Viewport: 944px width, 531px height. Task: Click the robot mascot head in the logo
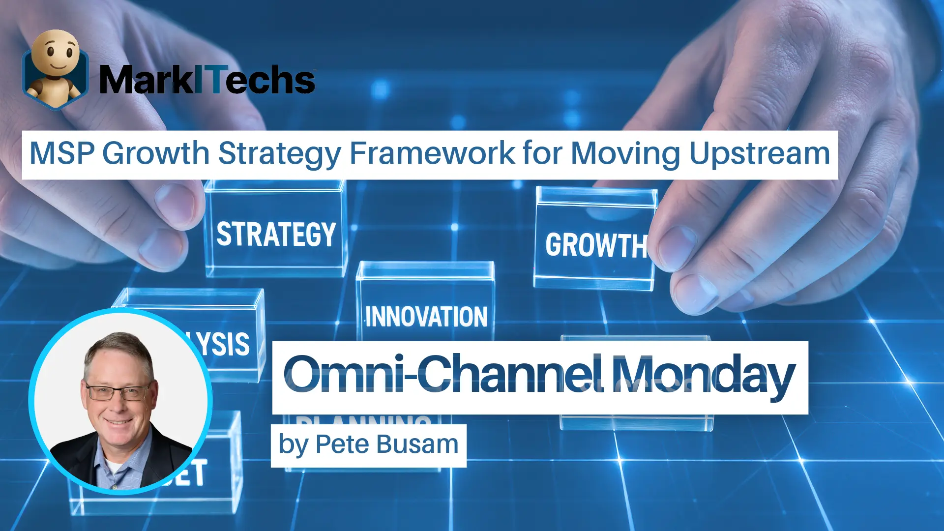(x=56, y=52)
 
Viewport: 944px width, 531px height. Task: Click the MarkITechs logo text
(x=206, y=80)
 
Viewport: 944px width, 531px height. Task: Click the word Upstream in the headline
(x=760, y=153)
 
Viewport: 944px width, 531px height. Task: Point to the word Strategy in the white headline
(x=279, y=153)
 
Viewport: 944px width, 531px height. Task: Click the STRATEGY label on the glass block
(x=276, y=234)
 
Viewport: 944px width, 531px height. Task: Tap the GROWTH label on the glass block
(x=596, y=245)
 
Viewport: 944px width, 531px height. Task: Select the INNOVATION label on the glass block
(x=426, y=317)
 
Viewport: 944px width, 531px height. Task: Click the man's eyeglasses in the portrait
(x=118, y=392)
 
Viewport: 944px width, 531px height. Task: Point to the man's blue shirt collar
(x=106, y=460)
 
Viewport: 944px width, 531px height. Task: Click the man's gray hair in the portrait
(x=118, y=347)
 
